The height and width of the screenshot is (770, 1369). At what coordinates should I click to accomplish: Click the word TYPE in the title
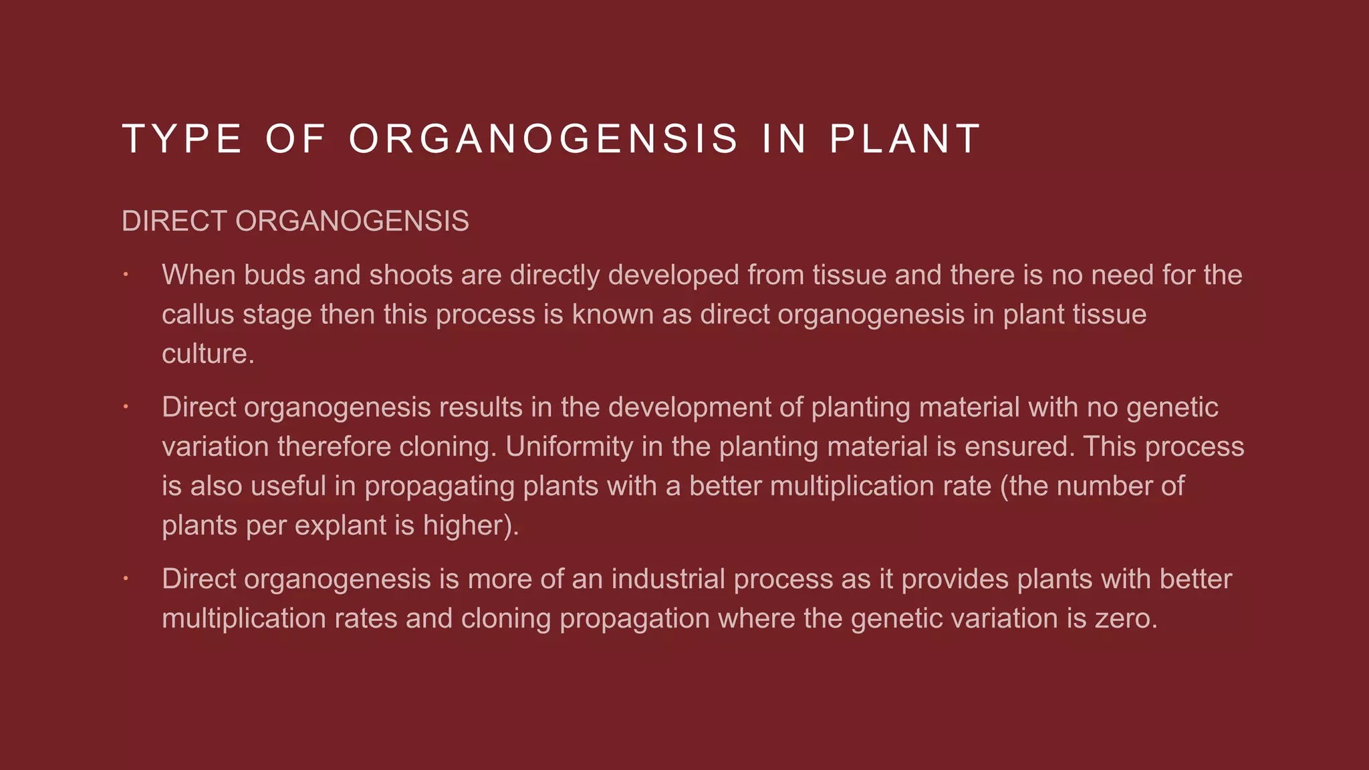point(182,139)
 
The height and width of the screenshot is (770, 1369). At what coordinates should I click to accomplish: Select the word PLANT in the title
point(905,139)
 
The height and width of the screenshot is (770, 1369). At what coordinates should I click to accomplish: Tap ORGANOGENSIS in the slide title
point(543,139)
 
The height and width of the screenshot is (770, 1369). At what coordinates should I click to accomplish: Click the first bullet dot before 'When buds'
point(126,274)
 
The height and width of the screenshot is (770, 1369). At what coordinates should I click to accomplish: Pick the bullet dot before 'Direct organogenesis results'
point(126,406)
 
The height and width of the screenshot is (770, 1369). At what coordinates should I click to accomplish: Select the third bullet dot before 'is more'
point(126,578)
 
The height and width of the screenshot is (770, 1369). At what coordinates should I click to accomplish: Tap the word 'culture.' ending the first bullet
point(208,354)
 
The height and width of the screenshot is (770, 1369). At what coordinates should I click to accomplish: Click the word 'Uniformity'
point(569,446)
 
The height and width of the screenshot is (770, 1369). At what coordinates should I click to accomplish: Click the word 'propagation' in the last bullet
point(634,619)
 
